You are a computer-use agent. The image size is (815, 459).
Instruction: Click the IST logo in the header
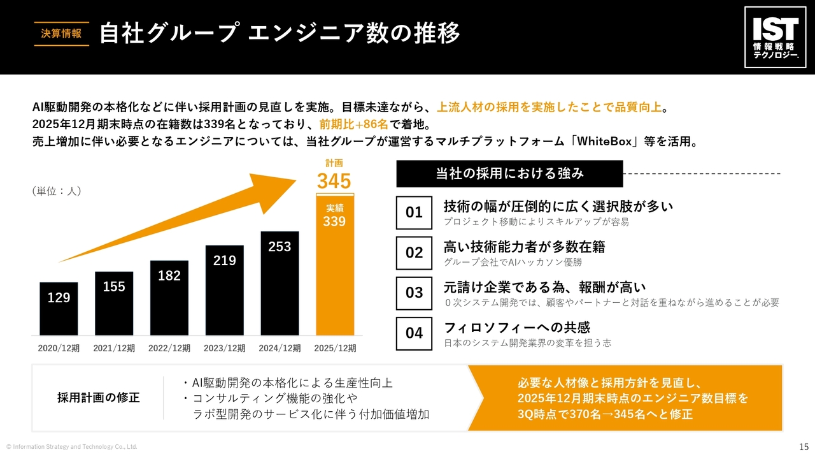coord(774,37)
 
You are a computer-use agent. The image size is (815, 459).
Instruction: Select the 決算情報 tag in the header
coord(61,34)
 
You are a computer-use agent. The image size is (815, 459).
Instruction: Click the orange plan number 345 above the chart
coord(334,181)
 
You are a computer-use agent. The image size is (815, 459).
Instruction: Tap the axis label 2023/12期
coord(224,349)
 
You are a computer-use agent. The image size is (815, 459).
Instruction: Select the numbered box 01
coord(414,212)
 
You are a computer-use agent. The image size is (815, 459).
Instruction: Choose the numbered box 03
coord(414,293)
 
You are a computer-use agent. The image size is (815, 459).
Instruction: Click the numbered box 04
coord(414,333)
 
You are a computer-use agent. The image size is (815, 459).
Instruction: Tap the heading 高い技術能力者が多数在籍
coord(524,247)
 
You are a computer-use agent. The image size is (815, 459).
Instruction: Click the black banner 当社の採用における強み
coord(509,173)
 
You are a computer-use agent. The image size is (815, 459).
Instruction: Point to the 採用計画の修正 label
coord(99,398)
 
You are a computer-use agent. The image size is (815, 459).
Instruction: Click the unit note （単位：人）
coord(57,191)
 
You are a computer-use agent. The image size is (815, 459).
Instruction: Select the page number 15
coord(804,446)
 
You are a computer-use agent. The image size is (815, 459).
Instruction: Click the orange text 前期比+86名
coord(353,124)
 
